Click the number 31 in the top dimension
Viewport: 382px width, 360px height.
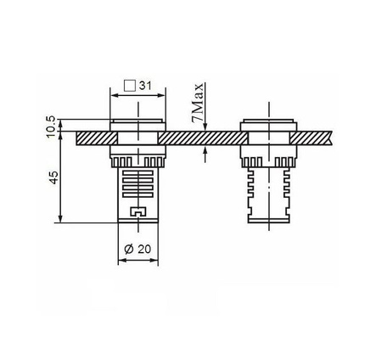144,85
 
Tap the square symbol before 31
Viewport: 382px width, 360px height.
130,85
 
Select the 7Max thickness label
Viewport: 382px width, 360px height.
198,104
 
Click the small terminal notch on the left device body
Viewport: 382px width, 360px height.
136,211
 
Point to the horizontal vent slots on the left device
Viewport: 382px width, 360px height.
136,182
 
